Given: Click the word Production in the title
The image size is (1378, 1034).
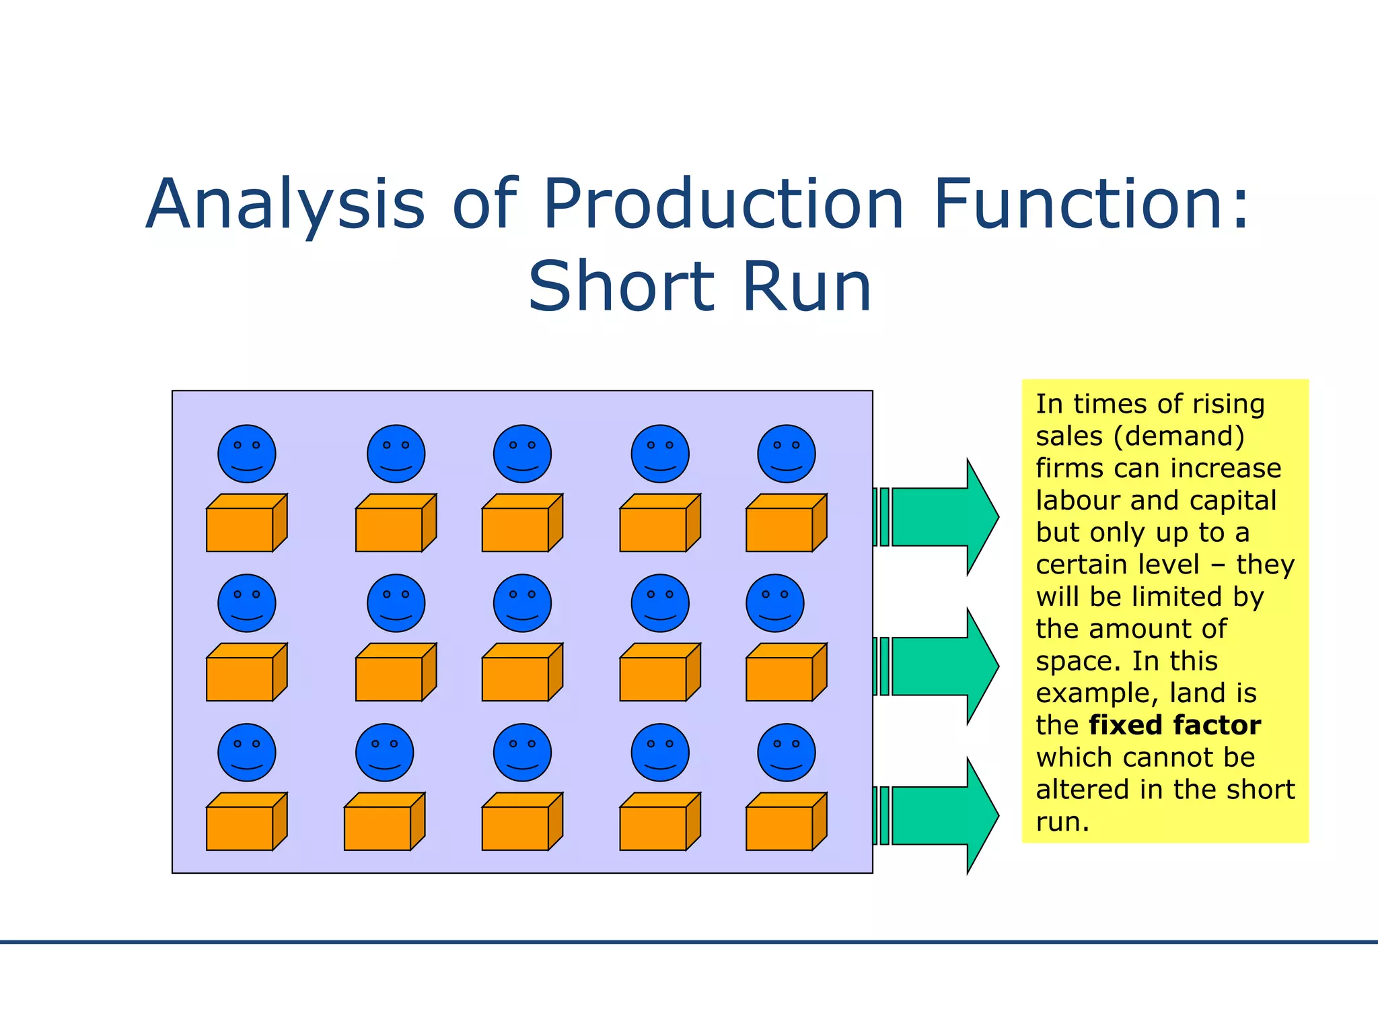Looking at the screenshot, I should [x=723, y=203].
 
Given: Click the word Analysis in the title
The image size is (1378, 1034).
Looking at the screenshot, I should [x=285, y=205].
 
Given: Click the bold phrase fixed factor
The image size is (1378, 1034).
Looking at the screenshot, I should [x=1175, y=725].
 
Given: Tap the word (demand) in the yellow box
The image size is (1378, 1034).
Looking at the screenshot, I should [x=1179, y=436].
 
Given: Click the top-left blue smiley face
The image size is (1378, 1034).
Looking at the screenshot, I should [x=247, y=454].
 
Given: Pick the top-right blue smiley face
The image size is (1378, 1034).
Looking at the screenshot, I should [x=786, y=454].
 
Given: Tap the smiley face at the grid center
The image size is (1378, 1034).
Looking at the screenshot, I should [x=522, y=603].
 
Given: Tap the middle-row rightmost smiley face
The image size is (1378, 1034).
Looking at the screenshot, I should [x=774, y=603].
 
